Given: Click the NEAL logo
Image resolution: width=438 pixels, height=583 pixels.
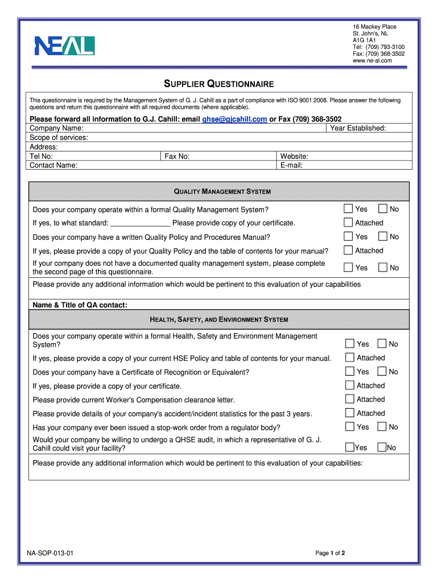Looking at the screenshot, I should click(64, 46).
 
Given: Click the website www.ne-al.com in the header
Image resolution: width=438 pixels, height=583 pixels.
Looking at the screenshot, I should click(372, 60).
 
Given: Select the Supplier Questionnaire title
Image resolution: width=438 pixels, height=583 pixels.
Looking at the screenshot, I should click(219, 84).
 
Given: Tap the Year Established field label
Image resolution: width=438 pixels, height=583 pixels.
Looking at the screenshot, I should click(358, 128).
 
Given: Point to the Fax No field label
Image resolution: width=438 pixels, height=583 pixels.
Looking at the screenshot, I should click(177, 156).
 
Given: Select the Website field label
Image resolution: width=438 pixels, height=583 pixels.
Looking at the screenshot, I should click(294, 156).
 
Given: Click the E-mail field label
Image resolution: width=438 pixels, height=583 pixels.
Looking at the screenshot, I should click(291, 165).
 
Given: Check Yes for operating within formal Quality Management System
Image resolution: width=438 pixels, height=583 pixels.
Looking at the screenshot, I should click(348, 209).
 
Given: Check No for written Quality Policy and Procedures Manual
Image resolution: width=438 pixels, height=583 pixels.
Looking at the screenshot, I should click(383, 236).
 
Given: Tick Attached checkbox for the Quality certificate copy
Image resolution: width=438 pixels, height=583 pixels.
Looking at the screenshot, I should click(348, 223).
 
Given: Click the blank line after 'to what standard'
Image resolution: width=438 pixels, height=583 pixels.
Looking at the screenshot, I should click(140, 223).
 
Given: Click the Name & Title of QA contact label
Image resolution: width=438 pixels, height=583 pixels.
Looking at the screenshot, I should click(80, 305).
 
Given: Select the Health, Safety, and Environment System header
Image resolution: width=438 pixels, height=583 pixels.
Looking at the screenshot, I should click(218, 319).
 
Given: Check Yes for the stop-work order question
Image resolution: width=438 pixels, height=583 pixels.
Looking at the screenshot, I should click(350, 427).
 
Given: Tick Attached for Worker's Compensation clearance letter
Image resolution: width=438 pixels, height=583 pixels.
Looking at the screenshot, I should click(350, 400).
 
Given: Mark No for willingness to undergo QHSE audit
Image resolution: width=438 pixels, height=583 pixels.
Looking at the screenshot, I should click(382, 447).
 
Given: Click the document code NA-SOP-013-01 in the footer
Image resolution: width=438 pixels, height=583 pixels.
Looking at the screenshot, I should click(50, 553).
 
